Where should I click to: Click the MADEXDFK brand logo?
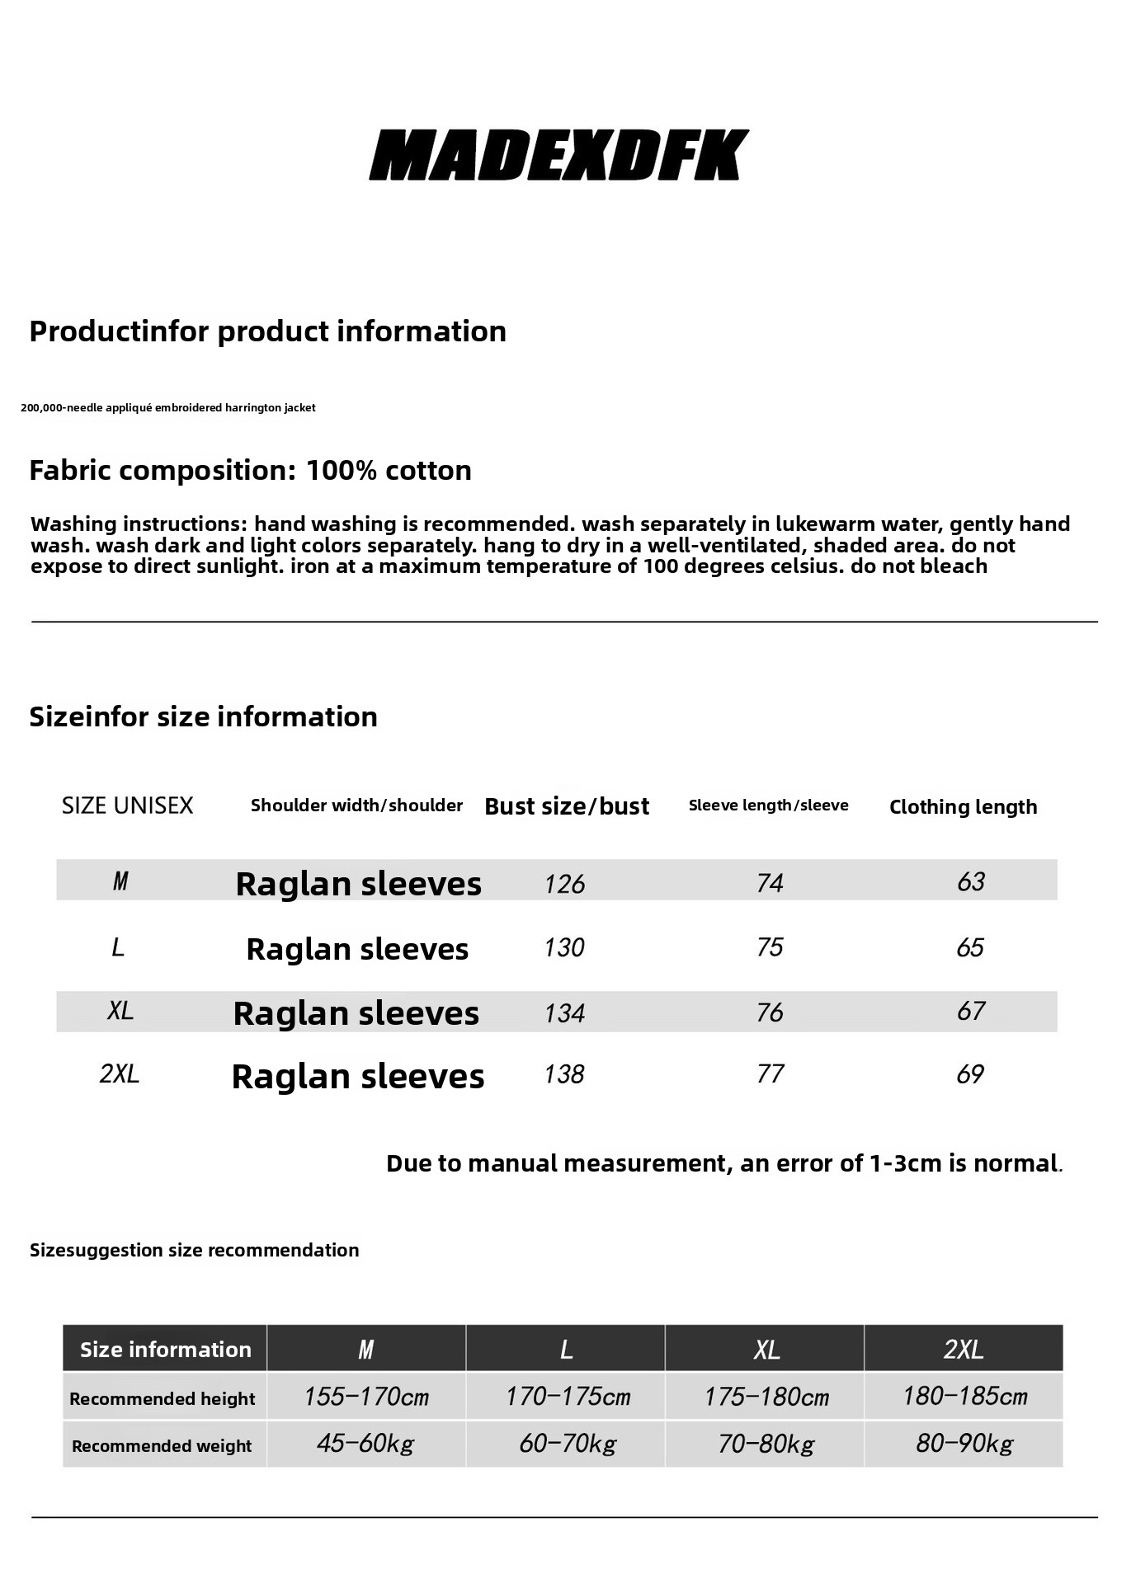558,155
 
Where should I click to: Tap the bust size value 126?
564,884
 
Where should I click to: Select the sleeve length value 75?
770,947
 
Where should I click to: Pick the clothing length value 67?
971,1012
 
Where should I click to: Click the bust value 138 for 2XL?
564,1074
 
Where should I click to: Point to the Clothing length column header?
963,807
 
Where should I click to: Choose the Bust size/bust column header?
567,806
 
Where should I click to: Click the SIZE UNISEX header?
127,806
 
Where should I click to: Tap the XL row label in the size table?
120,1011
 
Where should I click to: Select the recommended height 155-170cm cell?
366,1397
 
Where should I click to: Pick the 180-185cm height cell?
964,1397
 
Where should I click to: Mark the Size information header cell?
165,1350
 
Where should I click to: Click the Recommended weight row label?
162,1446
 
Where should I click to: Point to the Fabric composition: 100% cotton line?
250,471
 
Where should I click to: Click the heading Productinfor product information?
267,331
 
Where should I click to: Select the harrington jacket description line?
168,408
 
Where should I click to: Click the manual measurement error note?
724,1163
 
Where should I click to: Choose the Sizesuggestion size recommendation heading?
194,1250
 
